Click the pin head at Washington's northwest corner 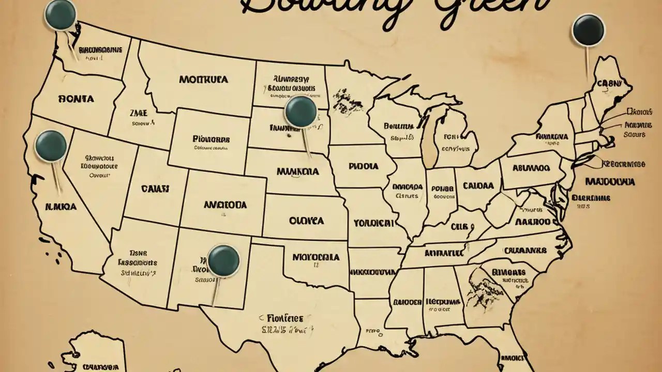(61, 14)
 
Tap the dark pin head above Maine (589, 29)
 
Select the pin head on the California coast (51, 145)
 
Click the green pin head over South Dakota (300, 111)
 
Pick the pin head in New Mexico (223, 260)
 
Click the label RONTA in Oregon (77, 99)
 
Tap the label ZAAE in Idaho (138, 113)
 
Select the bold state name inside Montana (203, 80)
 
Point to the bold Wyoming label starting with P (211, 139)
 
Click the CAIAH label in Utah (156, 189)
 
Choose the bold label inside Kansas (306, 221)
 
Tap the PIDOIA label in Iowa (363, 167)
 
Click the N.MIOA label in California (61, 206)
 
